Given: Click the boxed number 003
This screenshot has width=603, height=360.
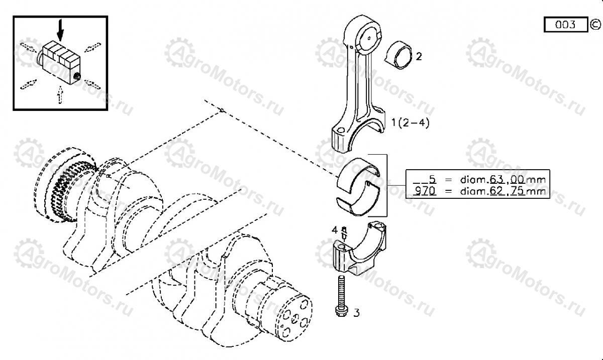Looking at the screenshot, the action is (566, 25).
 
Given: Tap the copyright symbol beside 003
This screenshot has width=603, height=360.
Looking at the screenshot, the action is (595, 25).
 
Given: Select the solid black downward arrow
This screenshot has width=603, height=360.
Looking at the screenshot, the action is (61, 30).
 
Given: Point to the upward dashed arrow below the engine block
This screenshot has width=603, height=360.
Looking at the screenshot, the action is (60, 95).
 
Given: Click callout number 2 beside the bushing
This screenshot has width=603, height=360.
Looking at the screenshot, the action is (419, 57).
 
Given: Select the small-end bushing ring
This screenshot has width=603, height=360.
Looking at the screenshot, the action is (398, 55).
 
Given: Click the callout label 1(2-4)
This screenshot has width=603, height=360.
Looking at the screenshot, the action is (410, 123).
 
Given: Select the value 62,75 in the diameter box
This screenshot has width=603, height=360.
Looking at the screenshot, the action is (507, 191).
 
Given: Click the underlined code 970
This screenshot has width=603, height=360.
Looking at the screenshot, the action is (425, 191).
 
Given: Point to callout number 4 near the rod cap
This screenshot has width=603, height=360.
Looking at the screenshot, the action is (334, 230).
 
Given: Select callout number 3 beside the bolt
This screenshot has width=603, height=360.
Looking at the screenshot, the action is (356, 313).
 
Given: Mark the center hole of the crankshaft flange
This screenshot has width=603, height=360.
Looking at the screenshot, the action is (295, 319).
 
